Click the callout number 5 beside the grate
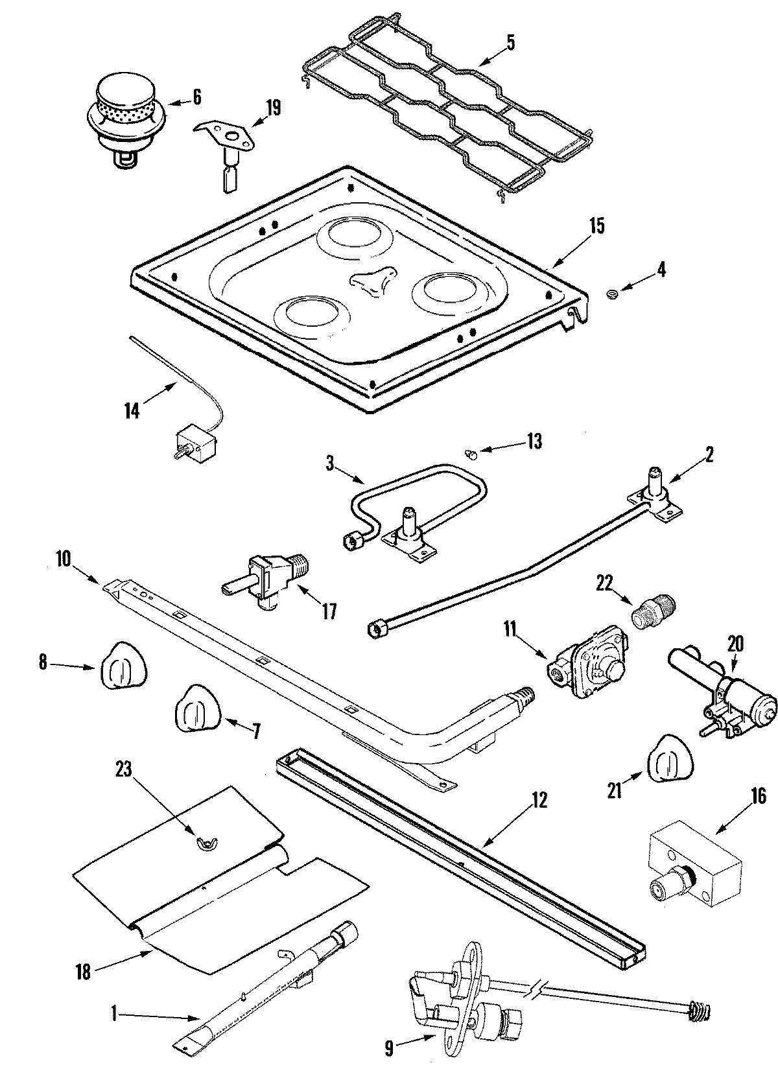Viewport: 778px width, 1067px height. point(510,43)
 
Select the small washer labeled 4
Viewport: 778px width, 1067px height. point(611,295)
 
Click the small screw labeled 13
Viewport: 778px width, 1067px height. point(473,454)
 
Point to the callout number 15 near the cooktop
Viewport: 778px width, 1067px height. point(596,226)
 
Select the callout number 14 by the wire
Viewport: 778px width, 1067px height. point(132,411)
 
